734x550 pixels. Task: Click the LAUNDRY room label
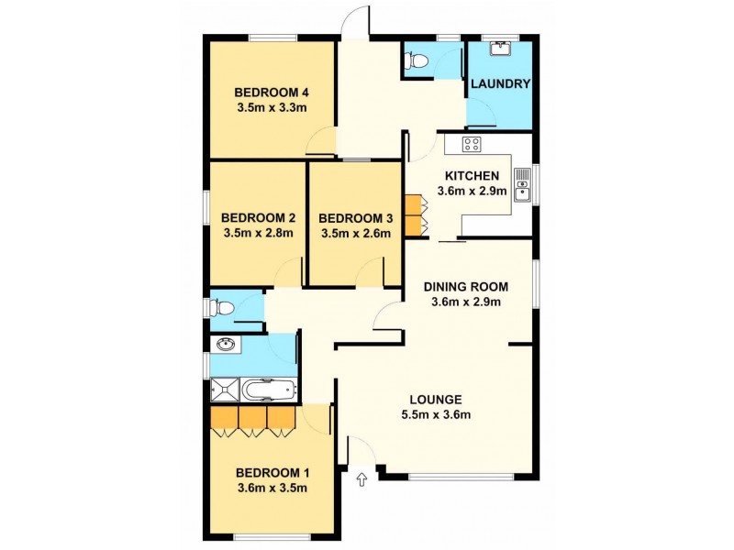(x=500, y=83)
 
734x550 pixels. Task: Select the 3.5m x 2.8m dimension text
(x=258, y=233)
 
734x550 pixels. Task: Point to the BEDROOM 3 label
(x=356, y=218)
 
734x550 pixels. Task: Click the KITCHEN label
(x=472, y=176)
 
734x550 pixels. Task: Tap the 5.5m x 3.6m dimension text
(x=435, y=415)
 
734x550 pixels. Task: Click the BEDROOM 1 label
(x=272, y=473)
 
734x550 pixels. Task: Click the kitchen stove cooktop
(x=472, y=143)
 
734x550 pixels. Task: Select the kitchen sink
(x=521, y=183)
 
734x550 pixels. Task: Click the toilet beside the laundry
(x=417, y=61)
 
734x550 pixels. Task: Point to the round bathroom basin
(x=226, y=345)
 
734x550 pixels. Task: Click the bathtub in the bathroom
(x=270, y=390)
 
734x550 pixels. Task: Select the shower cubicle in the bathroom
(x=225, y=390)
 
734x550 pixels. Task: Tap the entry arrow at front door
(x=361, y=478)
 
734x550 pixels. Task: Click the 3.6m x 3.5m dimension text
(x=272, y=488)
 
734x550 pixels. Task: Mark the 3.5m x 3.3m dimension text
(x=270, y=107)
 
